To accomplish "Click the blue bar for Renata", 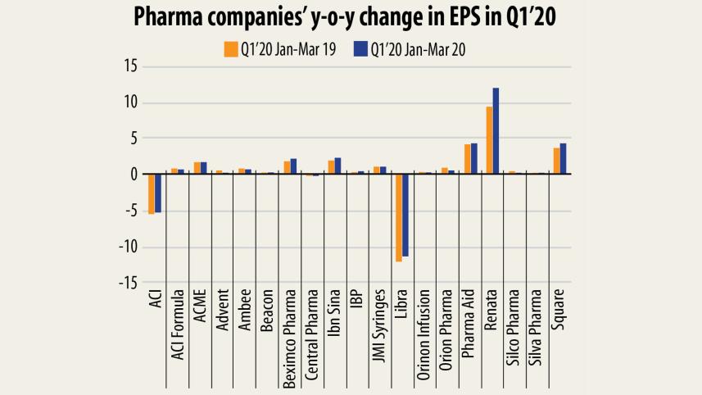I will tap(496, 130).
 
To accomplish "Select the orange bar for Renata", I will tap(489, 140).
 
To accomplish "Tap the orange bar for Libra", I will tap(399, 217).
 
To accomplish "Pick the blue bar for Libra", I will tap(405, 215).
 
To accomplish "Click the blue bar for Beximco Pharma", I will tap(293, 166).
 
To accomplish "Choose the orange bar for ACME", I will tap(197, 168).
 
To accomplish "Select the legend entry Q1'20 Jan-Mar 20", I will tap(418, 49).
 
